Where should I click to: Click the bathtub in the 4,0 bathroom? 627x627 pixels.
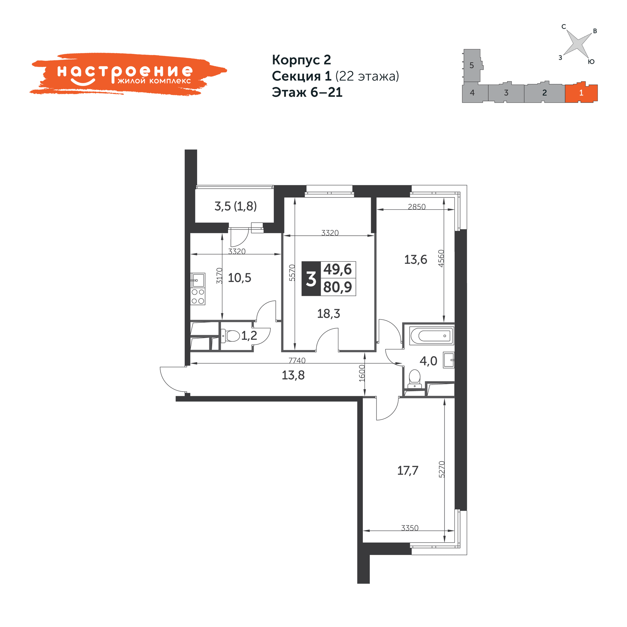(x=432, y=336)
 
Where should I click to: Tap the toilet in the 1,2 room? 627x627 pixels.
(x=230, y=336)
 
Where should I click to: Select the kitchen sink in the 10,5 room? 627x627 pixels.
(x=198, y=280)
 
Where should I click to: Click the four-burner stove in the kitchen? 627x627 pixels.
(x=198, y=296)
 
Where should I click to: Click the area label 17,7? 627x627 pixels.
(x=407, y=471)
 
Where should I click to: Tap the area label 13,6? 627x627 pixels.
(x=415, y=260)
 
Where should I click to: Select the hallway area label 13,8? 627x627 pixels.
(x=293, y=375)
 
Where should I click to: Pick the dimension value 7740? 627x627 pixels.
(x=297, y=360)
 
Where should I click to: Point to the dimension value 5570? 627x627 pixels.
(x=292, y=272)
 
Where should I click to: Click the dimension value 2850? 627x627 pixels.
(x=417, y=207)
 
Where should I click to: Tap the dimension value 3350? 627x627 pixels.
(x=410, y=528)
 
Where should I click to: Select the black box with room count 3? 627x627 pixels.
(x=311, y=279)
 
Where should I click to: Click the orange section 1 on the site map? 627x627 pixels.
(x=581, y=93)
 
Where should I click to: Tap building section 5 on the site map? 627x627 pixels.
(x=472, y=65)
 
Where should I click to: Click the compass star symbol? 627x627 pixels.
(x=578, y=44)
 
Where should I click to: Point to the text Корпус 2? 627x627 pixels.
(x=302, y=60)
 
